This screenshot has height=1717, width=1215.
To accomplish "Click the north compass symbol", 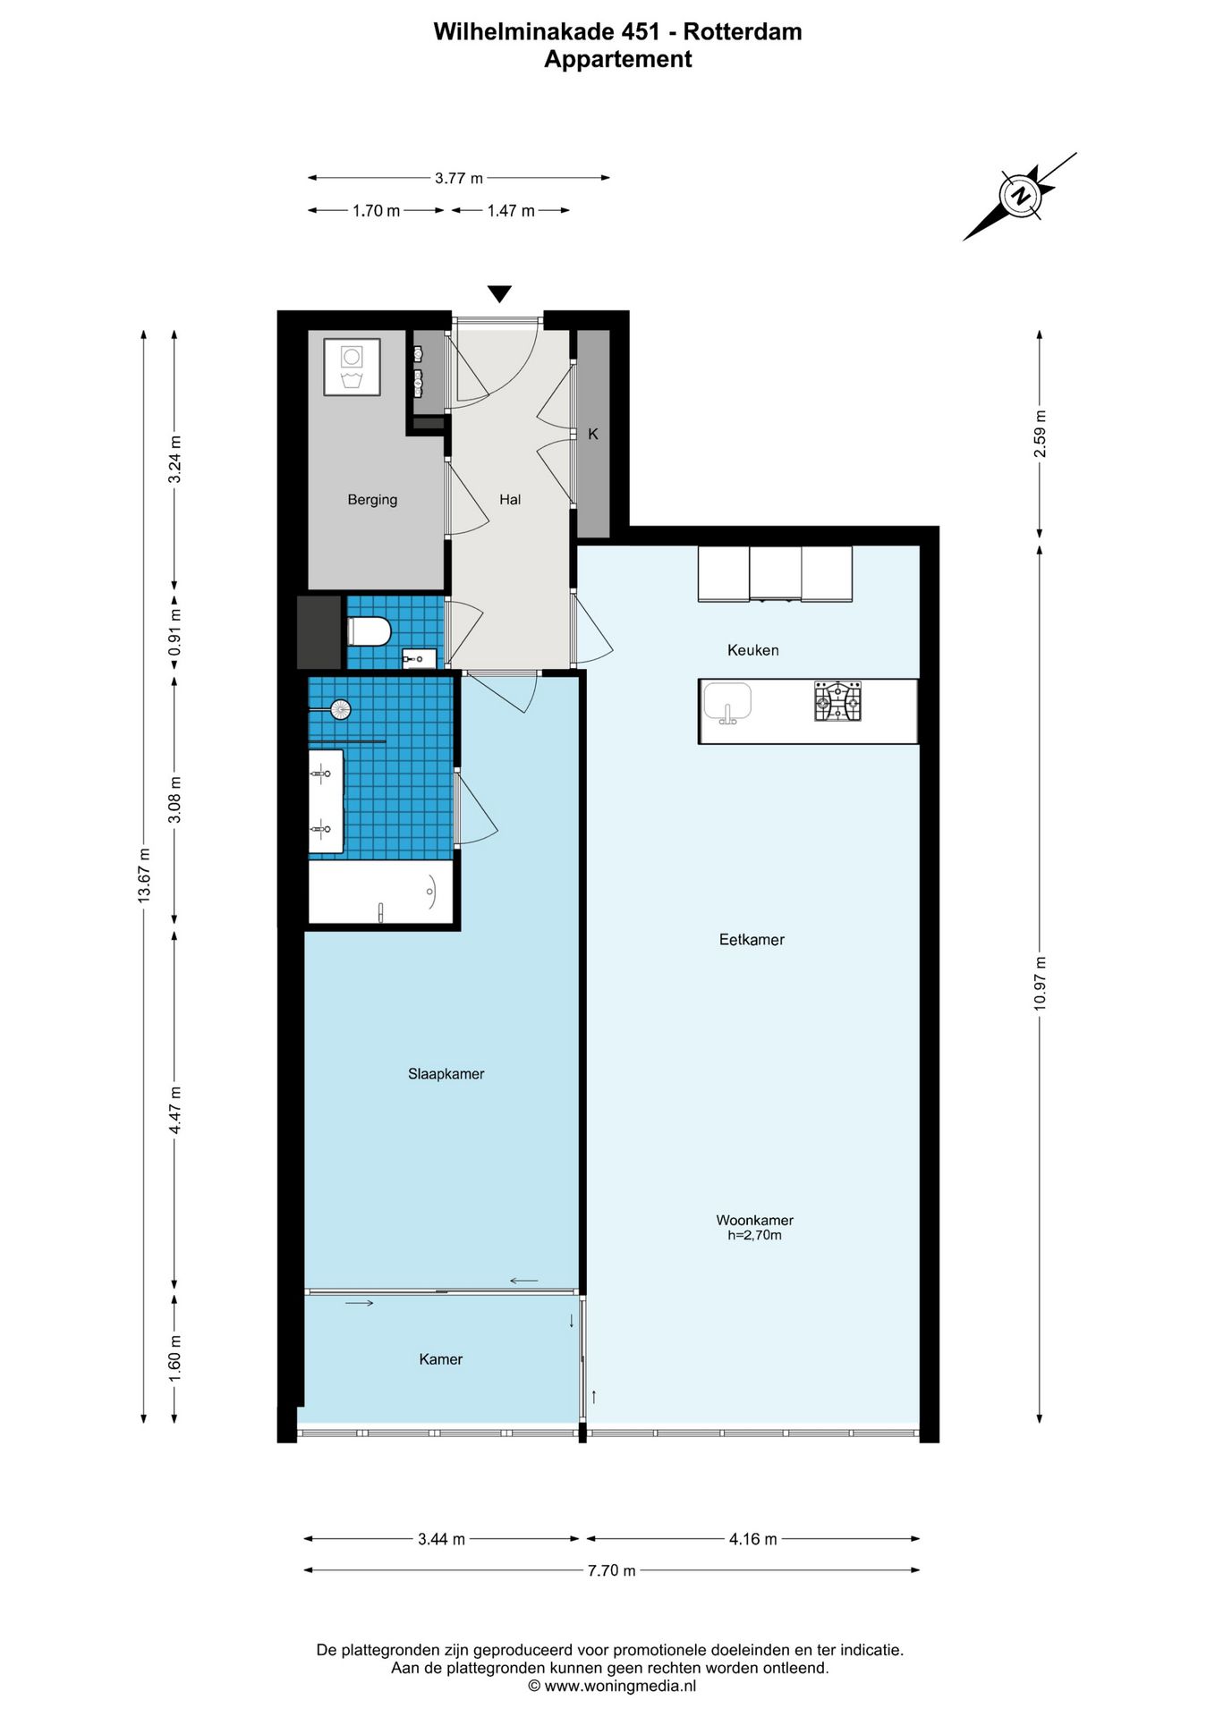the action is pyautogui.click(x=1019, y=196).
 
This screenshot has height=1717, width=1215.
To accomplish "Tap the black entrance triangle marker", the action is pyautogui.click(x=499, y=294).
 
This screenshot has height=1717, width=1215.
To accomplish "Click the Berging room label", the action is pyautogui.click(x=372, y=500).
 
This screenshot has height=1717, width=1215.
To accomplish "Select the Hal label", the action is pyautogui.click(x=510, y=500).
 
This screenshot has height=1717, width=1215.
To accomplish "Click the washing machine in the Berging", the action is pyautogui.click(x=352, y=367).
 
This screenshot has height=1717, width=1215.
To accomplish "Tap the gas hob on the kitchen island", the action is pyautogui.click(x=837, y=702).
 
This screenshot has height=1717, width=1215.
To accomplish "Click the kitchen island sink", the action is pyautogui.click(x=727, y=702).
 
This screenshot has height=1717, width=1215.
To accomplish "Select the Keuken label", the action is pyautogui.click(x=752, y=650).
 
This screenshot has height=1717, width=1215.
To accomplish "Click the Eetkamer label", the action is pyautogui.click(x=752, y=940).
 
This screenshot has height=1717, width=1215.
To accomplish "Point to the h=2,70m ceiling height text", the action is pyautogui.click(x=754, y=1235).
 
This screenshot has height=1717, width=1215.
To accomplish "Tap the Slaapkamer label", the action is pyautogui.click(x=446, y=1074).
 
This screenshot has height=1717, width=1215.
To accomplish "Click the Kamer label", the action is pyautogui.click(x=441, y=1359).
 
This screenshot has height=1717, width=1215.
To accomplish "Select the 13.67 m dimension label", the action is pyautogui.click(x=144, y=875).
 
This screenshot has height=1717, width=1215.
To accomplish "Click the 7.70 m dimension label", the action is pyautogui.click(x=612, y=1570).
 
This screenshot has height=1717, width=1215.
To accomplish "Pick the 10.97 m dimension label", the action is pyautogui.click(x=1040, y=984).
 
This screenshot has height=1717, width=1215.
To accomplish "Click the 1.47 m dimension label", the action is pyautogui.click(x=511, y=211).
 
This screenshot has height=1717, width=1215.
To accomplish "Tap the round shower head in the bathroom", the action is pyautogui.click(x=340, y=710).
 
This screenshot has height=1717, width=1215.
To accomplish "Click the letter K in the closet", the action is pyautogui.click(x=592, y=435).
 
